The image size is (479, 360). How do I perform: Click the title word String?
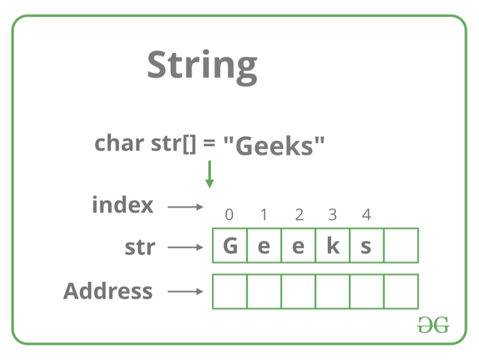(202, 65)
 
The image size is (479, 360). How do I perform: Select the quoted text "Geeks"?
(274, 145)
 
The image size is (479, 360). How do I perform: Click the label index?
(123, 205)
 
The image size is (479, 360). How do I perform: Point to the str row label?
(139, 247)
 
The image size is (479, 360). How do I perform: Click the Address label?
(108, 291)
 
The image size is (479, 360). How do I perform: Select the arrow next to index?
(186, 207)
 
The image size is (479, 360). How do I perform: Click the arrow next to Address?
(186, 292)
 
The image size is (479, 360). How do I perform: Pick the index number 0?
(229, 214)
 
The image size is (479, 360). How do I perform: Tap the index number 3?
(332, 214)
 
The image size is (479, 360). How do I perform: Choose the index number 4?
(367, 214)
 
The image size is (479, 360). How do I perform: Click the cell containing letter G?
(229, 246)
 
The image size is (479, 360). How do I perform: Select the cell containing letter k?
(332, 246)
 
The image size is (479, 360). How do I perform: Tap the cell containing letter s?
(367, 246)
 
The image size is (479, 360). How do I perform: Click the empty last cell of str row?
(401, 246)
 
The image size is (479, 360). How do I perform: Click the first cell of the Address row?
(229, 291)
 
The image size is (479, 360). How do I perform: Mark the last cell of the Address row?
(401, 291)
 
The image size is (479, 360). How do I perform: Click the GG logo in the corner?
(433, 325)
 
